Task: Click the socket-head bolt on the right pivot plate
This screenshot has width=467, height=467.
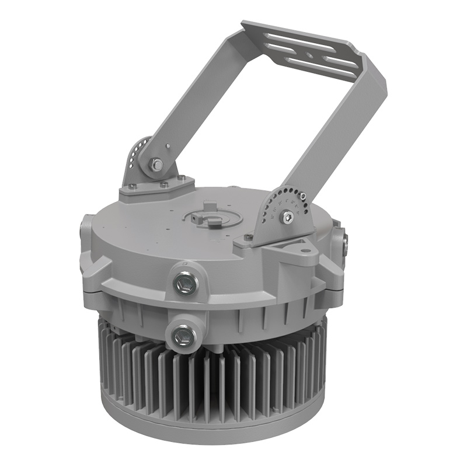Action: tap(286, 217)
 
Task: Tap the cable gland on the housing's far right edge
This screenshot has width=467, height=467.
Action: tap(346, 242)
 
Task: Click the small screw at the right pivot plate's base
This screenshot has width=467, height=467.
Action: tap(249, 237)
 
